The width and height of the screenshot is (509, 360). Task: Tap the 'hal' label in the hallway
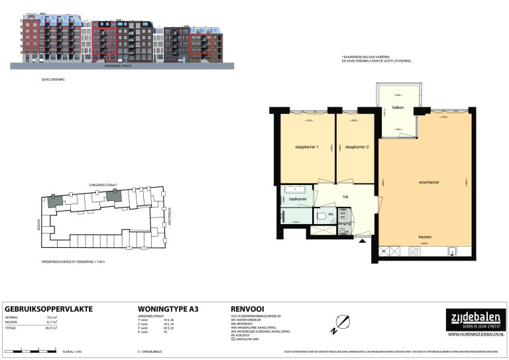pyautogui.click(x=345, y=196)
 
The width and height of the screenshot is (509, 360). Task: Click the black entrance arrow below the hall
pyautogui.click(x=362, y=242)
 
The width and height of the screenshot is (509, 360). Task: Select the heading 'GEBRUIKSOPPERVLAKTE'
pyautogui.click(x=48, y=309)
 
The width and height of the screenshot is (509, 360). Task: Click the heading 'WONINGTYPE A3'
pyautogui.click(x=168, y=309)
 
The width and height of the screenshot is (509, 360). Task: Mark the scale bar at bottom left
pyautogui.click(x=30, y=349)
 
